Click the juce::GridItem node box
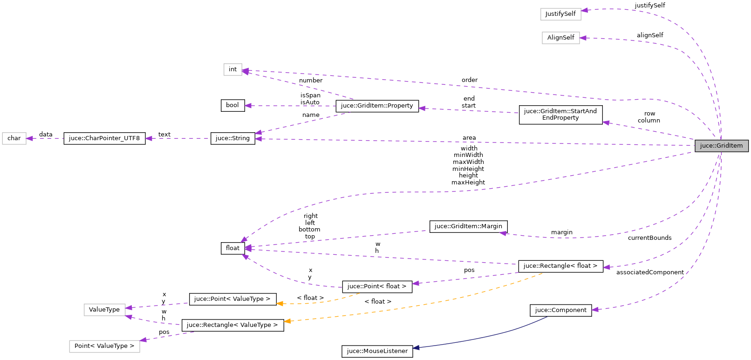721,146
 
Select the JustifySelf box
560,14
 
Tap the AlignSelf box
560,38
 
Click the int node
232,69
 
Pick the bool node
232,105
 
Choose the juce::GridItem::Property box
377,106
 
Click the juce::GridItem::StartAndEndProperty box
560,115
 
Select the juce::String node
232,138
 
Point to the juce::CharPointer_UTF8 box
104,138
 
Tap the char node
14,138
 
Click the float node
232,248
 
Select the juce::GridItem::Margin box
468,226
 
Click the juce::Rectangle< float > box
560,266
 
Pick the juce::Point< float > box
377,286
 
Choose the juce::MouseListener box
377,351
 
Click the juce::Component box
560,310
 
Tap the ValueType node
104,310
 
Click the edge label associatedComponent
650,272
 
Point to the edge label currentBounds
649,238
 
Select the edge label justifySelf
649,6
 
